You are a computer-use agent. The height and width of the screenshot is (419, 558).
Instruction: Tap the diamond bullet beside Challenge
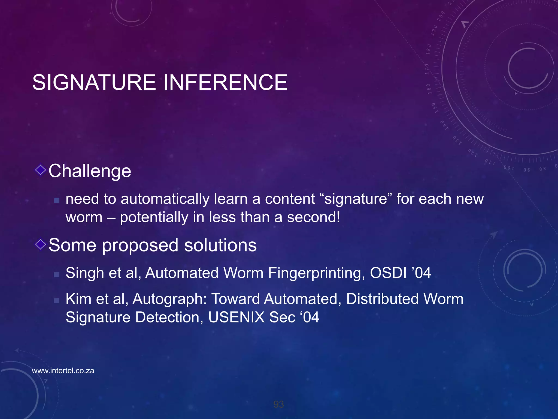coord(41,170)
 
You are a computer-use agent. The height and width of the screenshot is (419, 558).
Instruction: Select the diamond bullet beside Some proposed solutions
coord(41,244)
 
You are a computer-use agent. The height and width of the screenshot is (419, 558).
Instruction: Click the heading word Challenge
coord(90,171)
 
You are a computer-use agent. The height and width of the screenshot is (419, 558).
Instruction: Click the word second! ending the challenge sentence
coord(313,217)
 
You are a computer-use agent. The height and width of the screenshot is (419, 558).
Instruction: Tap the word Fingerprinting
coord(316,273)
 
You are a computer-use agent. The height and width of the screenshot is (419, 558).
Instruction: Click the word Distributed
coord(382,299)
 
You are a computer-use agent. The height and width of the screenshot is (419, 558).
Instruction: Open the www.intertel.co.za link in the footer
coord(63,371)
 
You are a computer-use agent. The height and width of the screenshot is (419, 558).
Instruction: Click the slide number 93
coord(278,404)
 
